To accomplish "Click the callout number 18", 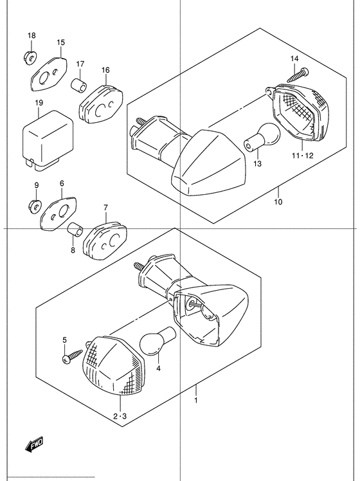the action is coord(32,35).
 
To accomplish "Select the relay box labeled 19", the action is coord(48,140).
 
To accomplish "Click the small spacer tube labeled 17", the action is coord(79,86).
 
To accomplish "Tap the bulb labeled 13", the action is coord(262,136).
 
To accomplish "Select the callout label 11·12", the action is coord(302,156).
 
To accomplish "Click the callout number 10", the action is coord(278,202).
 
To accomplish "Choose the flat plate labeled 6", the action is coord(60,213).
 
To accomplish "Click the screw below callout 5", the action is coord(73,355).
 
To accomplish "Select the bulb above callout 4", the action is coord(157,341).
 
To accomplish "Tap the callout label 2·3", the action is coord(120,416).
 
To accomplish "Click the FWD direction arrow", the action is coord(34,444).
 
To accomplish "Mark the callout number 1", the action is coord(195,400).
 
